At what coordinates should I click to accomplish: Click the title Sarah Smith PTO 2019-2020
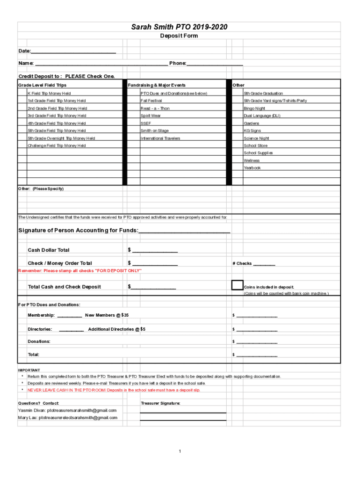(179, 28)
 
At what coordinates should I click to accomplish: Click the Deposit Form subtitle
(179, 36)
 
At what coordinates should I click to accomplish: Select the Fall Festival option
(151, 101)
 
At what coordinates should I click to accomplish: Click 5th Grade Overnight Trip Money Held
(61, 138)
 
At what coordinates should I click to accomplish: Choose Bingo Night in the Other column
(254, 109)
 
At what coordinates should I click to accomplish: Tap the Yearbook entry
(252, 168)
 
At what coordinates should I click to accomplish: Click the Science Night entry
(256, 138)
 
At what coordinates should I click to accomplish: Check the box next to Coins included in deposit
(237, 285)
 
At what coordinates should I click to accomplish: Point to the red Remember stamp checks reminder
(80, 271)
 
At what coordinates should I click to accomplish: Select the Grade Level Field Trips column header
(43, 85)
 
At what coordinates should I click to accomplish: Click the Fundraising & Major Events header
(157, 85)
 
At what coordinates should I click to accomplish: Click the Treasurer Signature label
(160, 403)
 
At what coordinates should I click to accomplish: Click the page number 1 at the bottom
(180, 451)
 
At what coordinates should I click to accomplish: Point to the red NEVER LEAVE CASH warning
(114, 390)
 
